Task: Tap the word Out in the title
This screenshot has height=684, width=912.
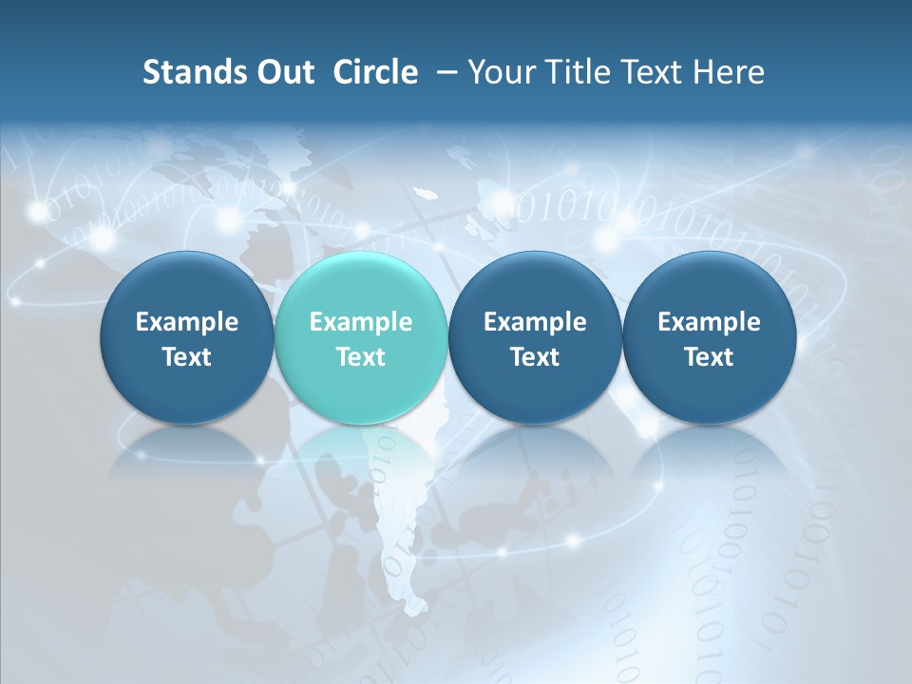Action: click(283, 72)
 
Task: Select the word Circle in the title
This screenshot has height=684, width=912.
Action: click(375, 72)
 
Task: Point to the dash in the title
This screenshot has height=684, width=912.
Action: click(445, 72)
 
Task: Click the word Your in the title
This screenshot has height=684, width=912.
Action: click(501, 72)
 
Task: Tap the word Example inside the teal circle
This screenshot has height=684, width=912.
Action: click(361, 322)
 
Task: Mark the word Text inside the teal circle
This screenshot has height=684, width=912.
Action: click(361, 357)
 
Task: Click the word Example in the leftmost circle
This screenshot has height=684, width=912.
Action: click(187, 322)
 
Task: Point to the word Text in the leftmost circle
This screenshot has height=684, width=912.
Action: click(187, 357)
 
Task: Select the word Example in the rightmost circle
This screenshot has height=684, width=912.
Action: click(710, 322)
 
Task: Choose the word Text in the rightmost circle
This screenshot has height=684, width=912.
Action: click(710, 357)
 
